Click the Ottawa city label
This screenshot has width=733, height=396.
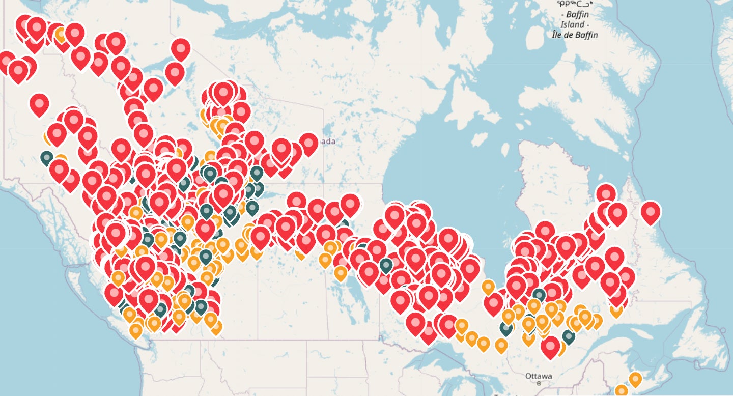coord(538,376)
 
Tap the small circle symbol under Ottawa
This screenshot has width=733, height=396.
coord(539,382)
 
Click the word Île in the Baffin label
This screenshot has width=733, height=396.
coord(559,35)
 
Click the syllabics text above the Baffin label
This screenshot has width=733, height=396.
coord(578,4)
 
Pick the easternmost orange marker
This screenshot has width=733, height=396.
coord(635,379)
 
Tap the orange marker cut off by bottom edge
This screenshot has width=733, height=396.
coord(621,391)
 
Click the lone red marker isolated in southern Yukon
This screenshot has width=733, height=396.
coord(39,104)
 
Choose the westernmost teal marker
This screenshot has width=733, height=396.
coord(47,158)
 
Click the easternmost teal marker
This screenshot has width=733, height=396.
coord(569,336)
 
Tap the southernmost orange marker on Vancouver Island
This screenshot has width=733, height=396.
coord(135,330)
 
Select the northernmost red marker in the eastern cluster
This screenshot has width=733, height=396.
coord(606,193)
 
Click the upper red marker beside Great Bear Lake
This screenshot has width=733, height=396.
coord(181,48)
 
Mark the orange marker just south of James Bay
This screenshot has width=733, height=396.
coord(488,287)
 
